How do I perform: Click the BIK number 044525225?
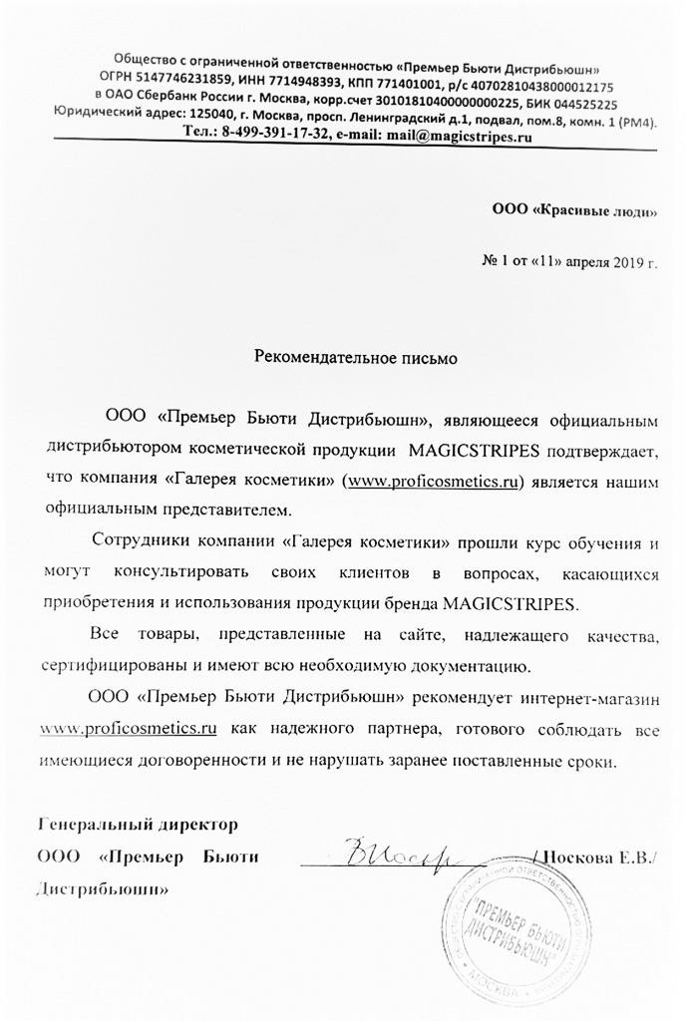click(582, 103)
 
